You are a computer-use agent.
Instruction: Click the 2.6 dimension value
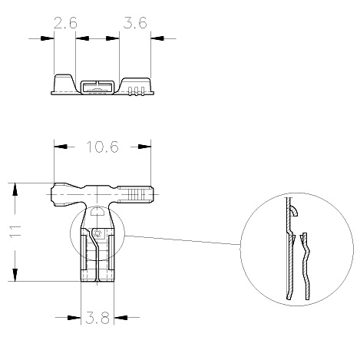coord(65,23)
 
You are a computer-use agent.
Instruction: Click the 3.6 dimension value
coord(135,22)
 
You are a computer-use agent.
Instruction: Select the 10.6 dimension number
coord(103,147)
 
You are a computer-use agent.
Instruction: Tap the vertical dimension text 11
coord(15,231)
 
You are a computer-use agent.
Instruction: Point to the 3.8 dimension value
coord(97,318)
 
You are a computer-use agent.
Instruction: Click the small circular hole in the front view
coord(97,233)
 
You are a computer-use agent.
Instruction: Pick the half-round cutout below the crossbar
coord(97,211)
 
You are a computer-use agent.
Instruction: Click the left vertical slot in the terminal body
coord(84,253)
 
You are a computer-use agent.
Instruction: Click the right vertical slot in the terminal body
coord(111,253)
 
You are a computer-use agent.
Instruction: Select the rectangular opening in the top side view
coord(97,88)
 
